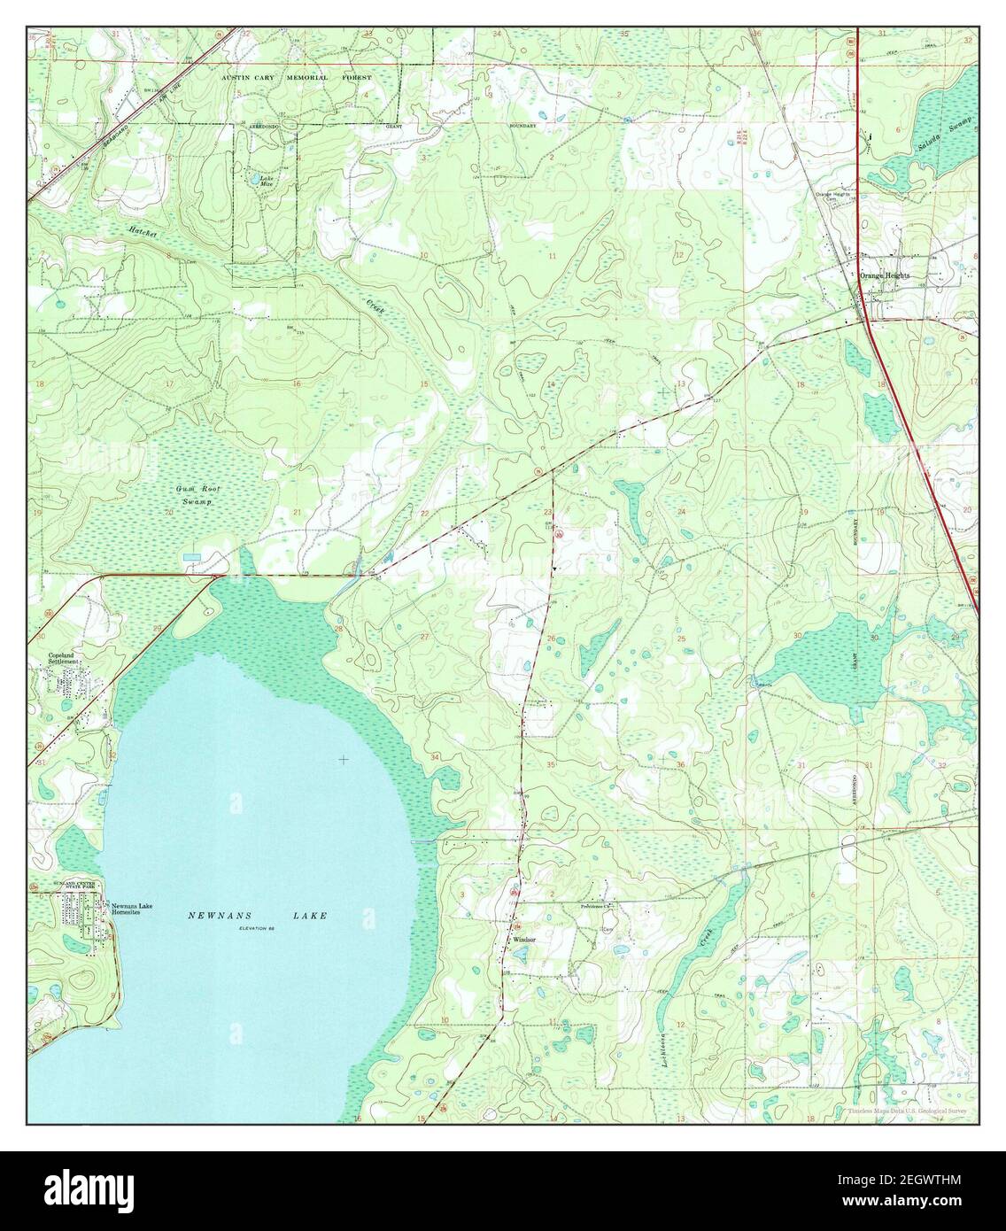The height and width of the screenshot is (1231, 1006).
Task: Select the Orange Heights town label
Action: click(885, 275)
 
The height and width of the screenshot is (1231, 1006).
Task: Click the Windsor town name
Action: click(522, 940)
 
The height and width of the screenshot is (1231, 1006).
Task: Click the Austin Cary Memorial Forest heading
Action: click(296, 78)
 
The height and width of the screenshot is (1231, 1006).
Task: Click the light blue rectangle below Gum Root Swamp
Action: click(191, 556)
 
